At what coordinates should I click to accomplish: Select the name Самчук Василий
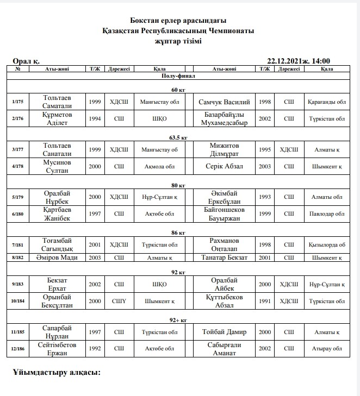coord(225,102)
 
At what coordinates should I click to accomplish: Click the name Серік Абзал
coord(225,166)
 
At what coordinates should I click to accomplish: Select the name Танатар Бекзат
coord(225,257)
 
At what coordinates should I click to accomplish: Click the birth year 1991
coord(265,300)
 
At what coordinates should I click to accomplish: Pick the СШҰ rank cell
coord(119,300)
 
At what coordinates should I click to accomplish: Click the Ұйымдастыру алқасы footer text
coord(57,373)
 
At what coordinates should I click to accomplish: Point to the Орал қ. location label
coord(26,61)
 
